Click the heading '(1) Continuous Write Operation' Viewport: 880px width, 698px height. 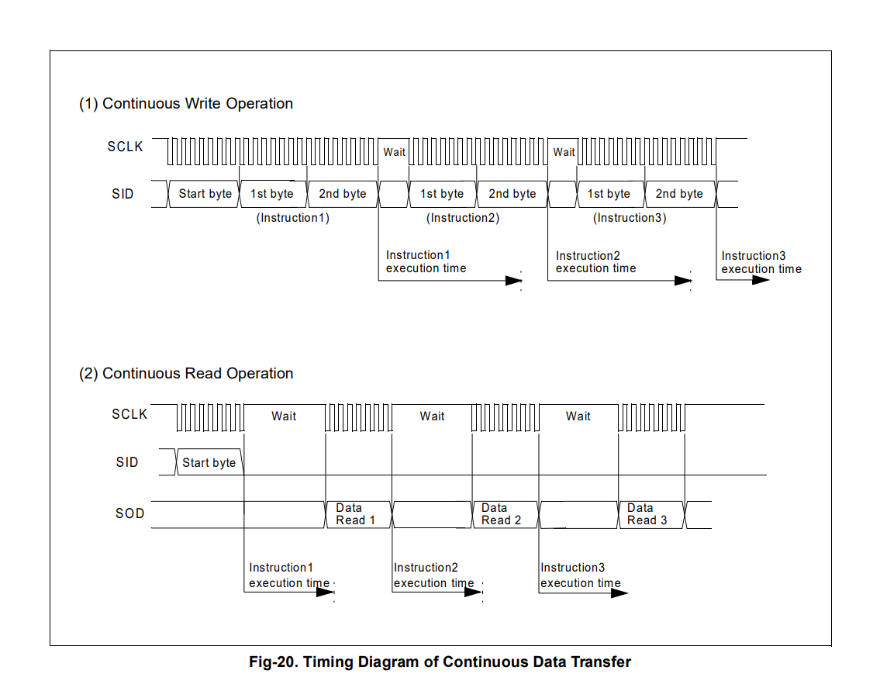186,104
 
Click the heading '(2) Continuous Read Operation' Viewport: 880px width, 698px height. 186,374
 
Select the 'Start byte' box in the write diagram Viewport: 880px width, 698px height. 204,195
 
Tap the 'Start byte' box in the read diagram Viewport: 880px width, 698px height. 209,462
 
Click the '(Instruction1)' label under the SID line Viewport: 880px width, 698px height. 293,218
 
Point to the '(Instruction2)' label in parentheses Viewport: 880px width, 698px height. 463,218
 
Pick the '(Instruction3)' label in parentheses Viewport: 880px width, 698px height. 630,218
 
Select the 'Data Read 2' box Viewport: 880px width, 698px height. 505,514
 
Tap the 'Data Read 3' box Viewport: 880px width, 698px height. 651,514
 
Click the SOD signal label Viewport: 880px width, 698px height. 129,514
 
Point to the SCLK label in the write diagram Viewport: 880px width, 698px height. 125,147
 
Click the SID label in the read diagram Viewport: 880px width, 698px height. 127,462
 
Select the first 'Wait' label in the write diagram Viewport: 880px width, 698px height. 394,152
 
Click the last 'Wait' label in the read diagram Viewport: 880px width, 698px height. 578,416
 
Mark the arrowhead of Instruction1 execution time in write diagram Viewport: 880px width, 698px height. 513,280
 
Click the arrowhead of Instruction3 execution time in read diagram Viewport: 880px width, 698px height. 619,593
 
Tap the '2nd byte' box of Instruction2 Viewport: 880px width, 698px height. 512,195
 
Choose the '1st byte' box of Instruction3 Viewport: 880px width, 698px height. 611,195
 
